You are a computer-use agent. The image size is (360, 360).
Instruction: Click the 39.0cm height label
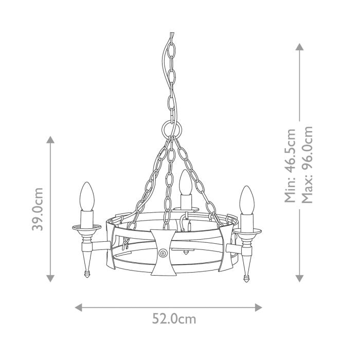(38, 209)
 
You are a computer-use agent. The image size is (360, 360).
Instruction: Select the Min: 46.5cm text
(291, 166)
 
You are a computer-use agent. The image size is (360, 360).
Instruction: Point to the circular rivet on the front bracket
(163, 254)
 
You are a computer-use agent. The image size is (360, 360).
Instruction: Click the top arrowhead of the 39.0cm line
(50, 140)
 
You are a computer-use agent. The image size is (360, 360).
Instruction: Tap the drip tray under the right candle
(248, 230)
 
